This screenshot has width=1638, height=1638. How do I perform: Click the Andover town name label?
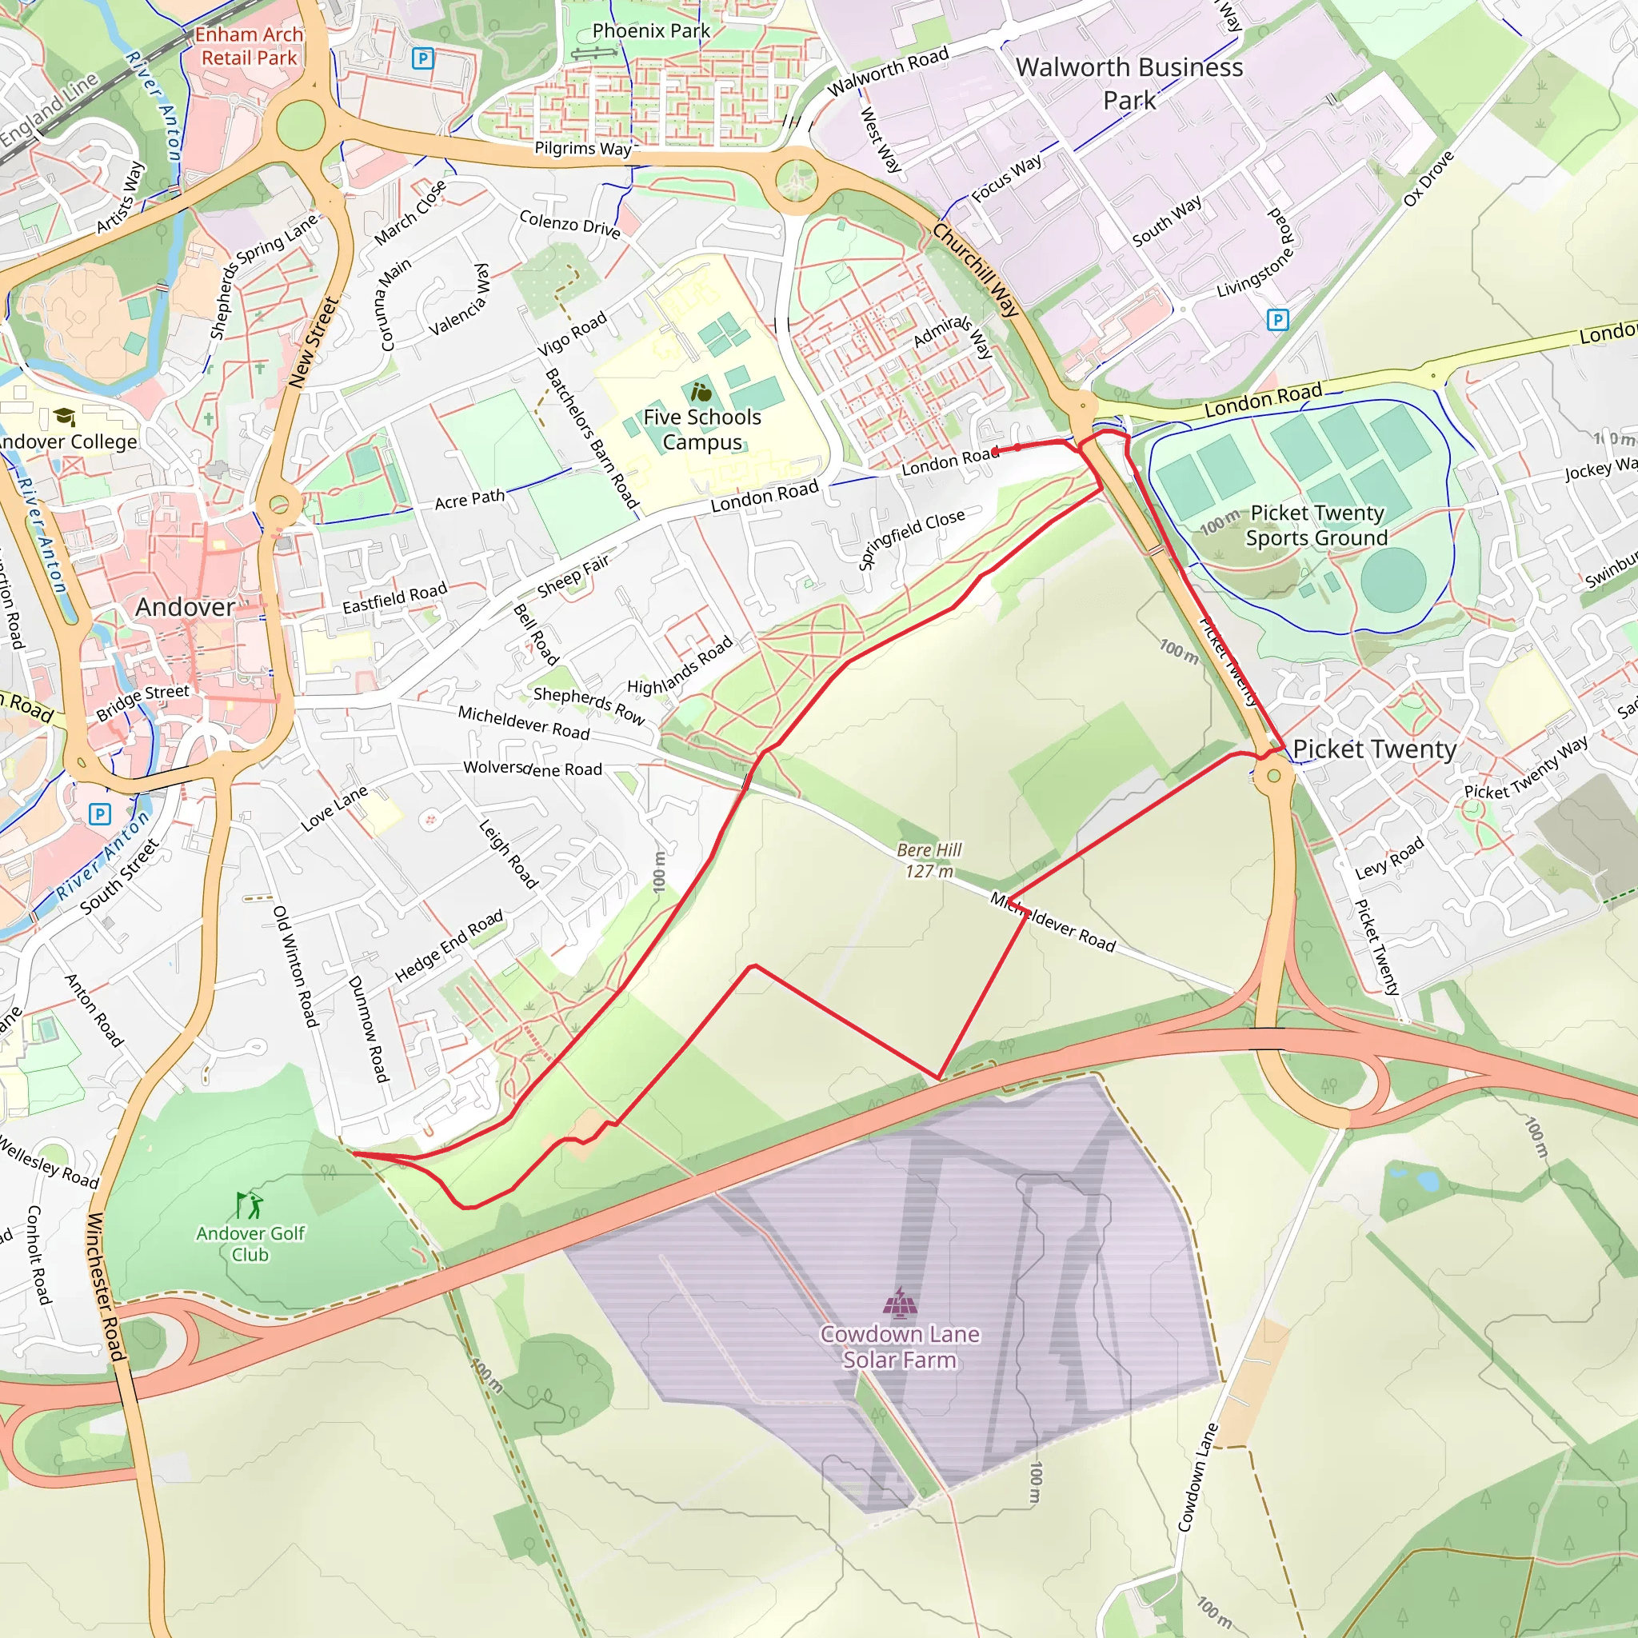click(x=185, y=607)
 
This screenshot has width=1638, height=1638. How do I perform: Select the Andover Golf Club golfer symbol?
click(x=250, y=1205)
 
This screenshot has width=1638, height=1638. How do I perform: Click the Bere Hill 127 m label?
click(x=929, y=861)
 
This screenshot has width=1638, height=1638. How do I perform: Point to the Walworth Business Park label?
click(x=1129, y=83)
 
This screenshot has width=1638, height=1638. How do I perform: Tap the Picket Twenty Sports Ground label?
click(x=1316, y=525)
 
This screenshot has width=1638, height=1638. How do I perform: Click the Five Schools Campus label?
click(x=702, y=429)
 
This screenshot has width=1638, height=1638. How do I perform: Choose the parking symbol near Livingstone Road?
click(x=1276, y=320)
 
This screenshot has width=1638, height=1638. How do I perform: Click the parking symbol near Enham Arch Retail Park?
click(x=422, y=58)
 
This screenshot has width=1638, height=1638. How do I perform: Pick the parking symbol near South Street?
click(x=100, y=814)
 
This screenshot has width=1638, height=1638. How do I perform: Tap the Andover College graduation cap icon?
click(x=65, y=416)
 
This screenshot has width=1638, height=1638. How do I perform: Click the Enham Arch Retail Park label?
click(x=249, y=46)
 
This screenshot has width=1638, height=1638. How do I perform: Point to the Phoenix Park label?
click(x=651, y=30)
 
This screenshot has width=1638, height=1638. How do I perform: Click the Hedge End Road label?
click(x=449, y=946)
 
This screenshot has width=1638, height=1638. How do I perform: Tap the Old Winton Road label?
click(x=295, y=966)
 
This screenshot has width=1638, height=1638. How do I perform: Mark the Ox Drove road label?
click(x=1428, y=179)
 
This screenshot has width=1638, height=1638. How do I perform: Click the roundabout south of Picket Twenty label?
click(x=1273, y=776)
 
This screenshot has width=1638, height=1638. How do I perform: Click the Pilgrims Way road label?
click(x=583, y=149)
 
